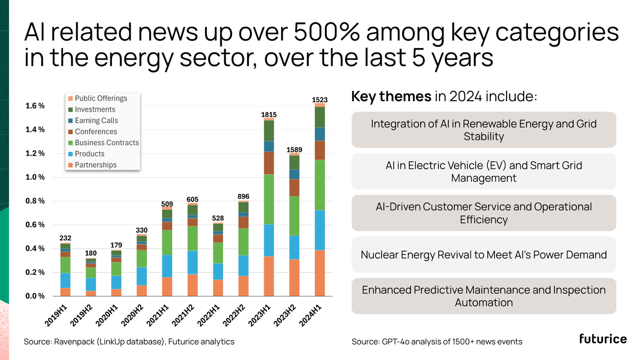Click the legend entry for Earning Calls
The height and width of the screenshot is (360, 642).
click(x=96, y=120)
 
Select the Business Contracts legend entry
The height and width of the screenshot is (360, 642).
click(x=107, y=143)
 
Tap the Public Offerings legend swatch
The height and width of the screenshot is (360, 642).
click(x=70, y=98)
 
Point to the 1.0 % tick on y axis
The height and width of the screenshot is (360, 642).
click(x=35, y=177)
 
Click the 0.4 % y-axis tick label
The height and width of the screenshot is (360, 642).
click(x=35, y=249)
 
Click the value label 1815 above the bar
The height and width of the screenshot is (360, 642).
click(x=269, y=115)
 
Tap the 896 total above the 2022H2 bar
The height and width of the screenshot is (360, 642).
click(x=243, y=196)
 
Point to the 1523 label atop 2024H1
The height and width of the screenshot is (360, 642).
click(x=320, y=100)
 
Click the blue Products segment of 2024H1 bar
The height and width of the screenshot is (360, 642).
click(x=320, y=230)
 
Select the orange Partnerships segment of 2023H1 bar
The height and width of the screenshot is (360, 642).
click(x=269, y=276)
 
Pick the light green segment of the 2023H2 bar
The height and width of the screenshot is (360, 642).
click(x=294, y=216)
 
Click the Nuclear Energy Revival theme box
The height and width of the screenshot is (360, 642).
click(x=484, y=255)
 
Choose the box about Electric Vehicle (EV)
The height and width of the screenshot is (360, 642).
click(x=484, y=172)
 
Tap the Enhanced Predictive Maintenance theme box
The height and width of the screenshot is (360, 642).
click(x=484, y=296)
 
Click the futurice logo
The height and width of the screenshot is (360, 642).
click(x=603, y=339)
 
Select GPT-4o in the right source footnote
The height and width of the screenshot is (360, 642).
click(x=394, y=342)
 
